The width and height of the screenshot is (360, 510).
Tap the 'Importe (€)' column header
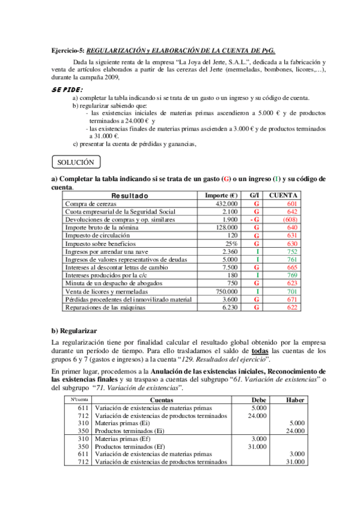pos(221,195)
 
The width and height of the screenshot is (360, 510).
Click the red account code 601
pos(291,204)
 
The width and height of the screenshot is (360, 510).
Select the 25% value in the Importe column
pos(231,244)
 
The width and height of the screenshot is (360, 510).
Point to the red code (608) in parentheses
pos(290,220)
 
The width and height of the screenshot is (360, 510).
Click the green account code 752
pos(291,251)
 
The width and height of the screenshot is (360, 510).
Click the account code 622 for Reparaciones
pos(291,307)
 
